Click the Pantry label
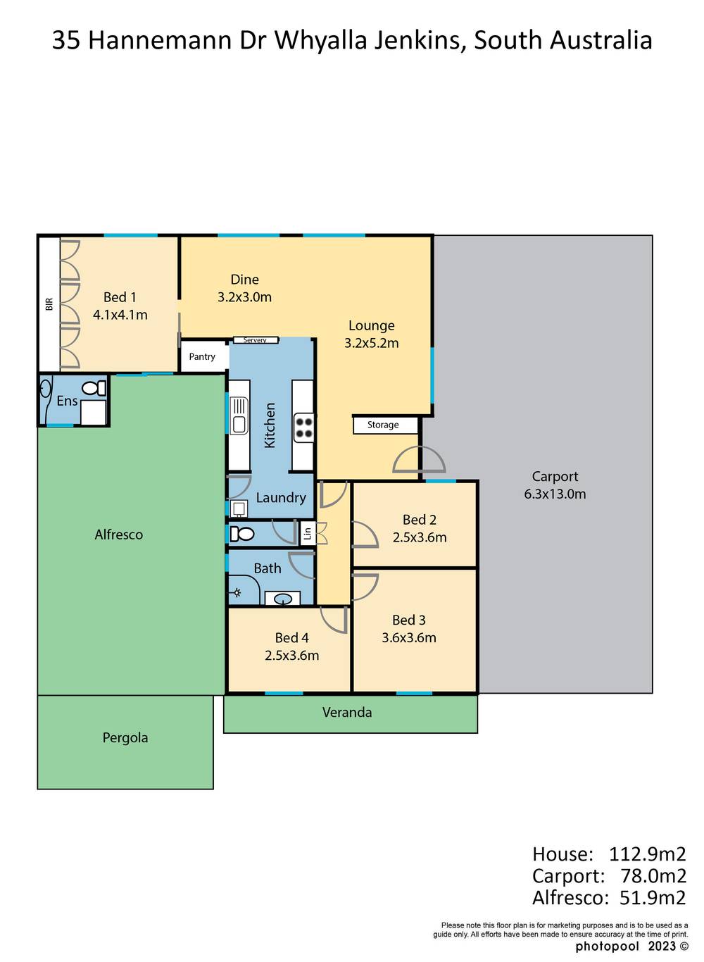pos(202,357)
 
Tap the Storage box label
pos(383,425)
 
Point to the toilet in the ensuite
pos(93,388)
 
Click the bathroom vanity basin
pos(283,599)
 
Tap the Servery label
pos(255,340)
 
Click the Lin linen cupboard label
pos(308,534)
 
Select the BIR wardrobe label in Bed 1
pos(49,304)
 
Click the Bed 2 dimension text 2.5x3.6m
pos(420,537)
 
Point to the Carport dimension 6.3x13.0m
pos(555,494)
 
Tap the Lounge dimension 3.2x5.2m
pos(371,344)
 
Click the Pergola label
pos(125,738)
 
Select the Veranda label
pos(347,713)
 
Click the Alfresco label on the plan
pos(118,535)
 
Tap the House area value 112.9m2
pos(647,854)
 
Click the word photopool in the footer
pos(606,946)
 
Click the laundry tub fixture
pos(239,508)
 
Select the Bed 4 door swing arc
pos(334,620)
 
